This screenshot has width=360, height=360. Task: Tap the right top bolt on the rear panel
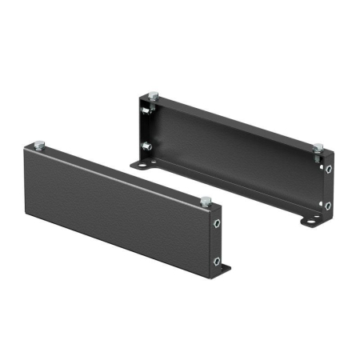point(318,147)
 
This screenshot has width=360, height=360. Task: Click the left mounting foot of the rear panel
point(145,165)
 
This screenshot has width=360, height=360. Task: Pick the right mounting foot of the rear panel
point(307,218)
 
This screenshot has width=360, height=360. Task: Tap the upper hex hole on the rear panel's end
point(329,170)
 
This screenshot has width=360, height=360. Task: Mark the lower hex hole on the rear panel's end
point(329,206)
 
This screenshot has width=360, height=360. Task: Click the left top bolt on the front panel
point(38,145)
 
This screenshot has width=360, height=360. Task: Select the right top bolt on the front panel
point(206,199)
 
